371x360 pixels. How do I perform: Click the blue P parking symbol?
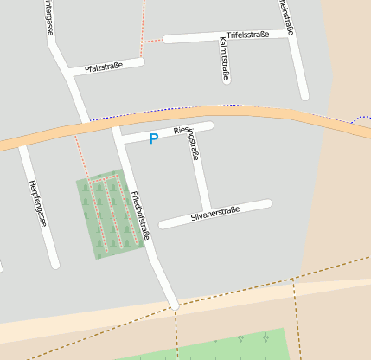point(154,138)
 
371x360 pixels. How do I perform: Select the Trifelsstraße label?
point(248,35)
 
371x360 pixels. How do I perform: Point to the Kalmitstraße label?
point(225,59)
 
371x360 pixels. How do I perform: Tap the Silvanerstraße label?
point(214,212)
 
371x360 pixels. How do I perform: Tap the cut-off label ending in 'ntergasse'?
point(48,17)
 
